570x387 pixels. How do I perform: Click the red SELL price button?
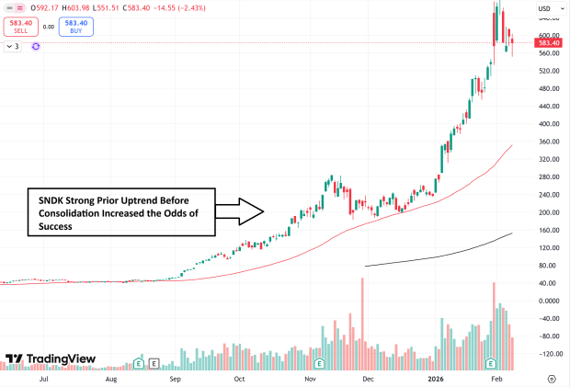point(19,27)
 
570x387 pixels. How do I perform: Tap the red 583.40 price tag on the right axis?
point(550,43)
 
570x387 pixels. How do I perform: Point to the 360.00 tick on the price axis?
point(550,141)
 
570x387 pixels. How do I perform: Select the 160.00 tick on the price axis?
point(550,230)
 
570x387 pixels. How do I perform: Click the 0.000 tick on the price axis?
point(549,301)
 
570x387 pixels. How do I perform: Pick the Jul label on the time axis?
point(43,378)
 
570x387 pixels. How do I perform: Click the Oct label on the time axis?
point(239,378)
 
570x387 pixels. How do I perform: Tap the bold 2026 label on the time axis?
point(436,378)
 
